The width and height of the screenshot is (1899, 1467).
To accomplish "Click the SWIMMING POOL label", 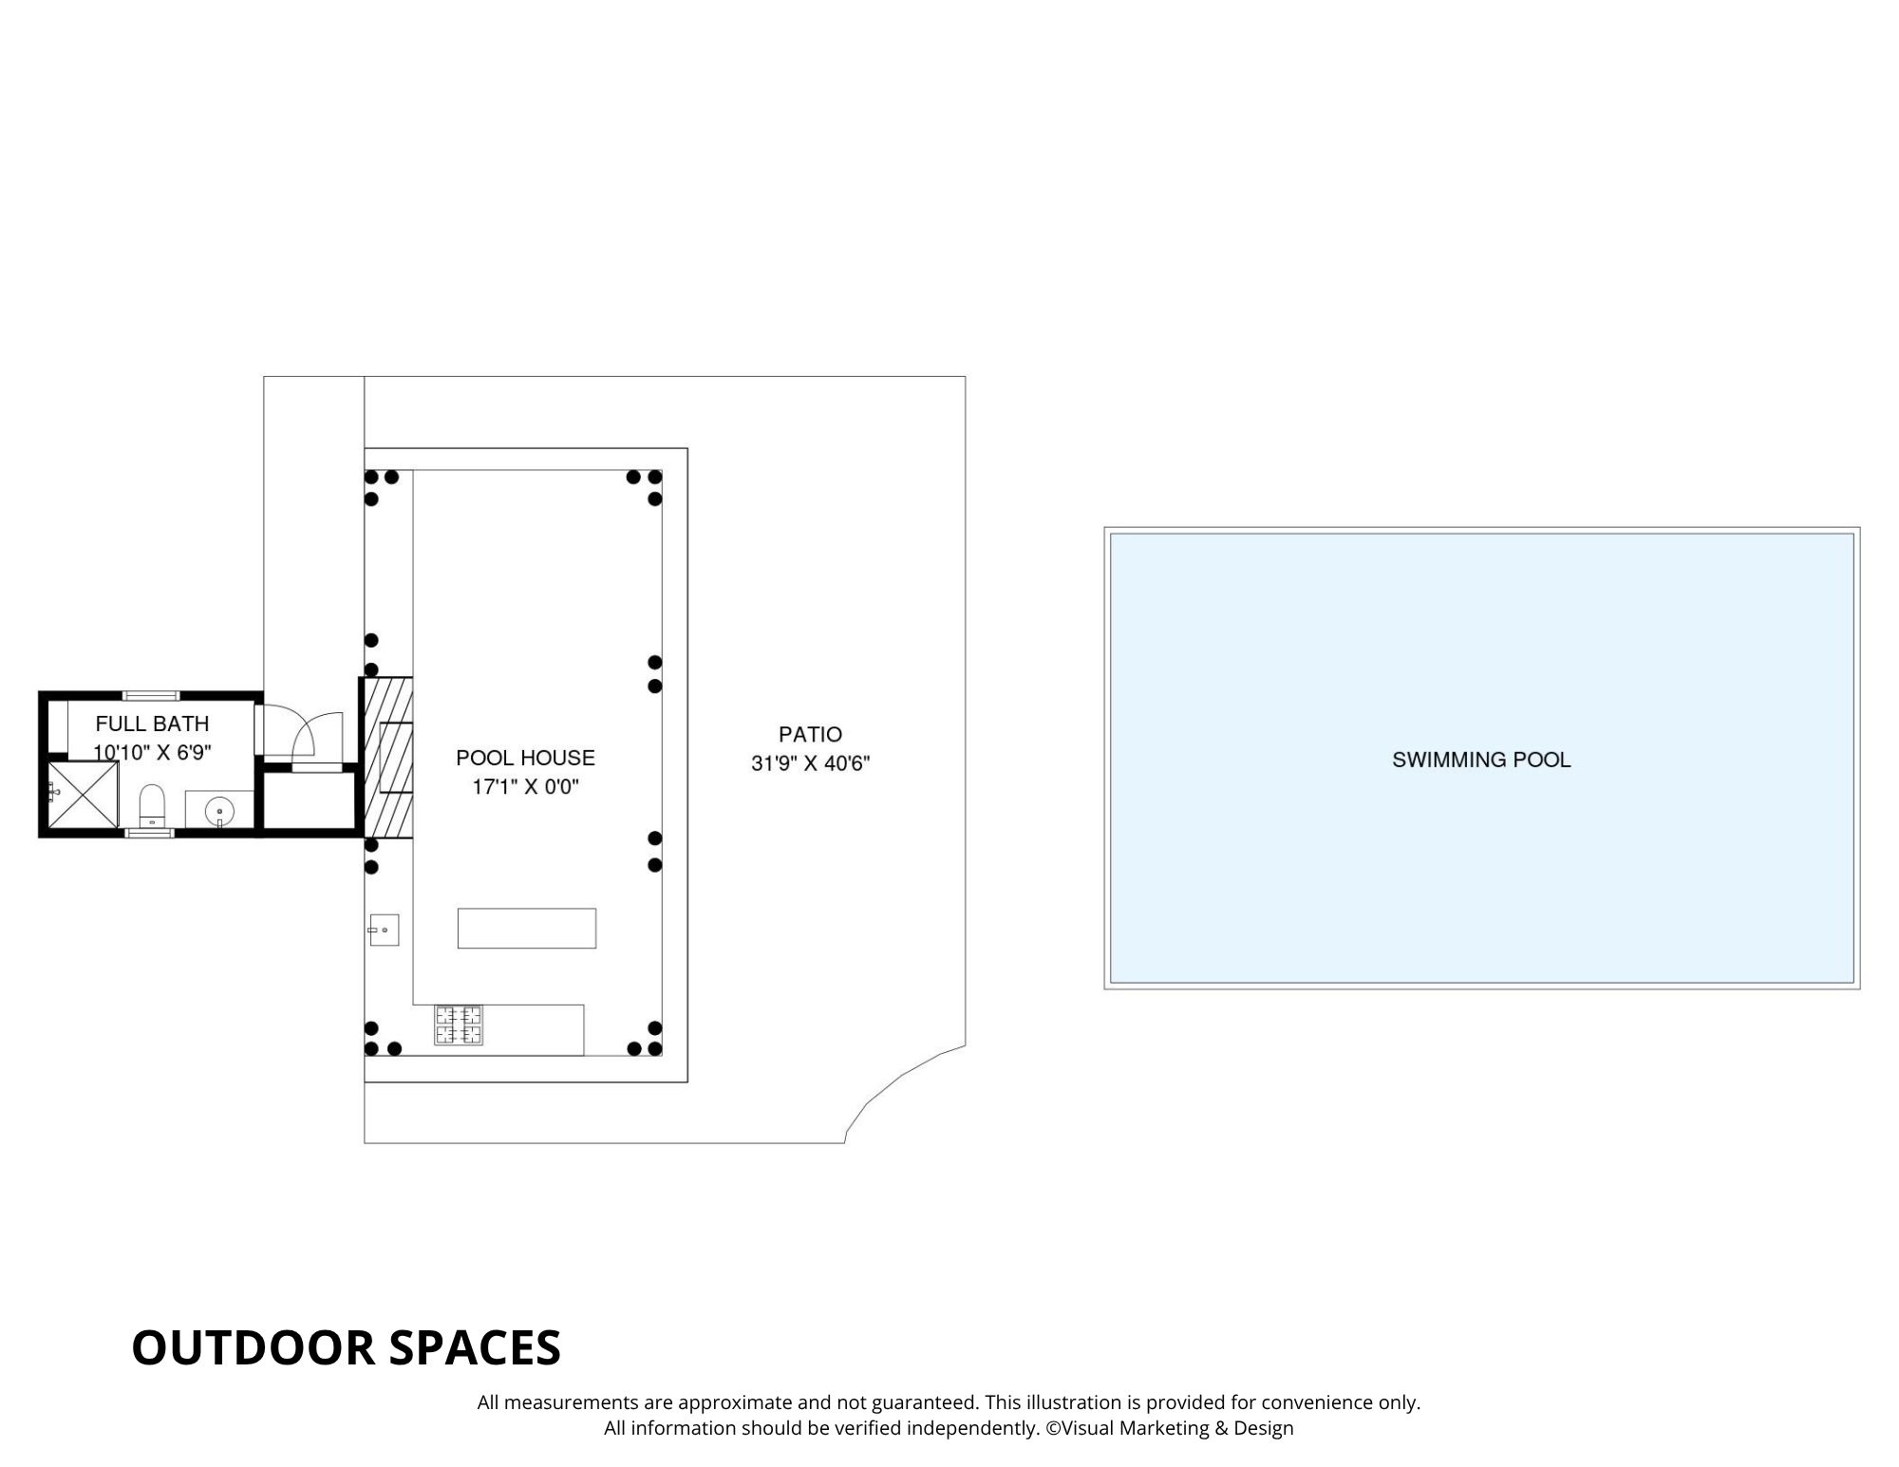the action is click(1481, 760).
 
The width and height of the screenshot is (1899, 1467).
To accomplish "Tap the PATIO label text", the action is click(810, 734).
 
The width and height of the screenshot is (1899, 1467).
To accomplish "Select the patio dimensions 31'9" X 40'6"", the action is click(810, 763).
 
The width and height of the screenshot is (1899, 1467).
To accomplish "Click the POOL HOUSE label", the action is click(525, 758).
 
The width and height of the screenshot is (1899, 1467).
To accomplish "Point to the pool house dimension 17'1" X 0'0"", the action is click(525, 787).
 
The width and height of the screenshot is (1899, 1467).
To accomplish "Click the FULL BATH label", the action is click(152, 724).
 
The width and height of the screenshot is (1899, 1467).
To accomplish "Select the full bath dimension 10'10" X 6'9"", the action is click(152, 752).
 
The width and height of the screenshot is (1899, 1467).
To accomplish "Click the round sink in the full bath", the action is click(220, 811).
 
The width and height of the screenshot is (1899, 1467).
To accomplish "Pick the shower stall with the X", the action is click(83, 795).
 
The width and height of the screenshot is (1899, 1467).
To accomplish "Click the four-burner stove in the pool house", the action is click(459, 1025).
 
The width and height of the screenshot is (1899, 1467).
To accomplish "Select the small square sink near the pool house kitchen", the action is click(384, 930).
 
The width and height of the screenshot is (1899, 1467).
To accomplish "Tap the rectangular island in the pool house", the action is click(527, 928).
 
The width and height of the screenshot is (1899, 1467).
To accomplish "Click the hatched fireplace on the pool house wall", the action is click(387, 758).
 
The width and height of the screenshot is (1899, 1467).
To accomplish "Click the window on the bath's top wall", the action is click(151, 696).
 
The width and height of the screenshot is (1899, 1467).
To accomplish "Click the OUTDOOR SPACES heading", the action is click(347, 1347).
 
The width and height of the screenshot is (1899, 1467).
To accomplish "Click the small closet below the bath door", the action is click(308, 800).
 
